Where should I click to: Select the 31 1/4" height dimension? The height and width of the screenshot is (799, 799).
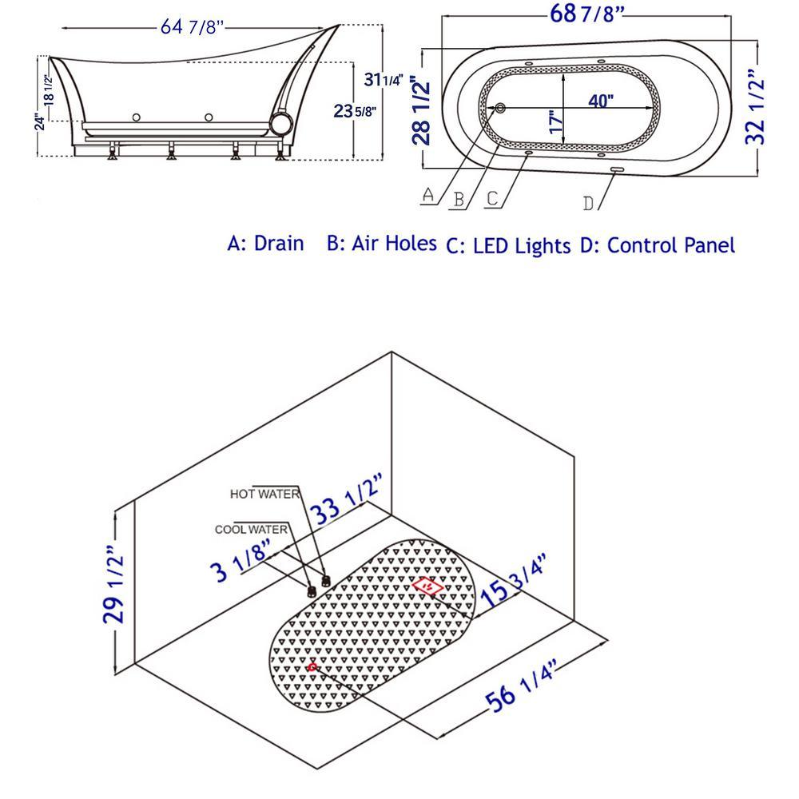tap(382, 79)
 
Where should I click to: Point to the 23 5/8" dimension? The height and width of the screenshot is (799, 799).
tap(355, 111)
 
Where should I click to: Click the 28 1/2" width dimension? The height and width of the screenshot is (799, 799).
tap(421, 109)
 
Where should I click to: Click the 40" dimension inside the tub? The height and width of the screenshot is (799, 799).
tap(601, 101)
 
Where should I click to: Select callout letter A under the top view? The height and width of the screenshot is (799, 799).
tap(427, 194)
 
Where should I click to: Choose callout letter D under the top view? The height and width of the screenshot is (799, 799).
tap(588, 203)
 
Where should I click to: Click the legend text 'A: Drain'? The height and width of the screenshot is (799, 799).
tap(265, 243)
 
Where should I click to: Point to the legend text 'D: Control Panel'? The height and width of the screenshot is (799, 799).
tap(657, 244)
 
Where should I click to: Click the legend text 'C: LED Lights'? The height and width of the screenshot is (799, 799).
tap(508, 245)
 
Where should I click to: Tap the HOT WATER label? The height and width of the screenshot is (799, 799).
tap(264, 494)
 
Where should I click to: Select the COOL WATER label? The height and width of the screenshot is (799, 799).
tap(251, 529)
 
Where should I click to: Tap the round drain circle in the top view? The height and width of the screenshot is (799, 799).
tap(500, 109)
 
